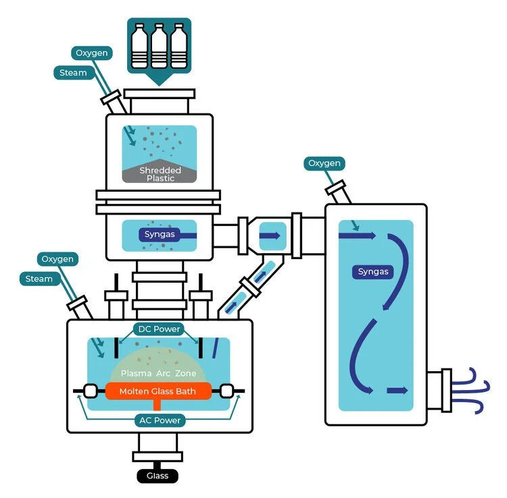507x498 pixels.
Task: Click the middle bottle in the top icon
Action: pyautogui.click(x=160, y=48)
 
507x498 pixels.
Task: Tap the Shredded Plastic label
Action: pyautogui.click(x=160, y=174)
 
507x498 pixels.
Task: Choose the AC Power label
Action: pyautogui.click(x=159, y=420)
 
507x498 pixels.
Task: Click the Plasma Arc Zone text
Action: pyautogui.click(x=159, y=373)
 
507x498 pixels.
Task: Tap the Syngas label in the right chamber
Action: pyautogui.click(x=374, y=272)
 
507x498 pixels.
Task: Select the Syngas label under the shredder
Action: pyautogui.click(x=160, y=235)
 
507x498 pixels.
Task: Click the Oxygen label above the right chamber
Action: pyautogui.click(x=325, y=163)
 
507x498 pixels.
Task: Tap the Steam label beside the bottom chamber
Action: pyautogui.click(x=39, y=278)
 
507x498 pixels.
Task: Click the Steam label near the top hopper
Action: pyautogui.click(x=73, y=72)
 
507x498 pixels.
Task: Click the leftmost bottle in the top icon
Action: pyautogui.click(x=140, y=48)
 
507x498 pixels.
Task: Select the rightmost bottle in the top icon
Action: pyautogui.click(x=178, y=48)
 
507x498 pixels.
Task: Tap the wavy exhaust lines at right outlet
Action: pyautogui.click(x=473, y=390)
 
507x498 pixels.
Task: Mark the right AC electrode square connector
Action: pyautogui.click(x=226, y=391)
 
